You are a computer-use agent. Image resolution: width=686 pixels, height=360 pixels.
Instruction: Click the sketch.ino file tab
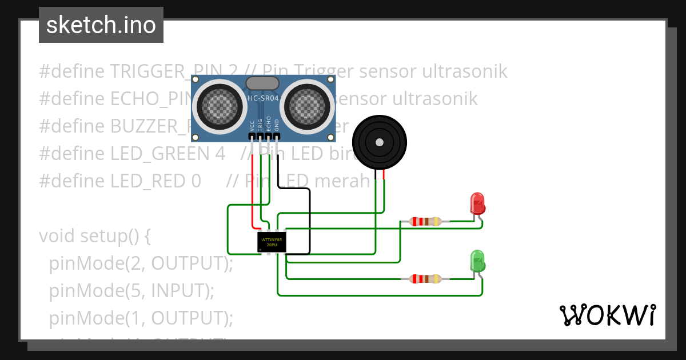[x=101, y=25]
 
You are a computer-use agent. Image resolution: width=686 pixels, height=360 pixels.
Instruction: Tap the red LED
[x=477, y=203]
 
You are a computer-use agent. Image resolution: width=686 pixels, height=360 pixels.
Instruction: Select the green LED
[x=477, y=261]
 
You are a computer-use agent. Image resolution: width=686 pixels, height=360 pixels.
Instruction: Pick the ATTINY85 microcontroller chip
[x=272, y=242]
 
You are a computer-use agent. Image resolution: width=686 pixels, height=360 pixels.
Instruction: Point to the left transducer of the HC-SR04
[x=218, y=106]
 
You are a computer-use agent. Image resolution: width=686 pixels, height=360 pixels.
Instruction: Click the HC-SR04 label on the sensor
[x=264, y=98]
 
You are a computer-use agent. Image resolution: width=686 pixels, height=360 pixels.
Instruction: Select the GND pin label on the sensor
[x=277, y=126]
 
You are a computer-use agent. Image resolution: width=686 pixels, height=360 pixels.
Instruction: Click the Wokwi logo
[x=607, y=315]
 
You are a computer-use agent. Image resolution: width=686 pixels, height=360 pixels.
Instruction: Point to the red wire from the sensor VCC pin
[x=252, y=189]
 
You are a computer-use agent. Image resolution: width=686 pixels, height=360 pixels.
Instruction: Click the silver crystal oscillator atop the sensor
[x=263, y=83]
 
